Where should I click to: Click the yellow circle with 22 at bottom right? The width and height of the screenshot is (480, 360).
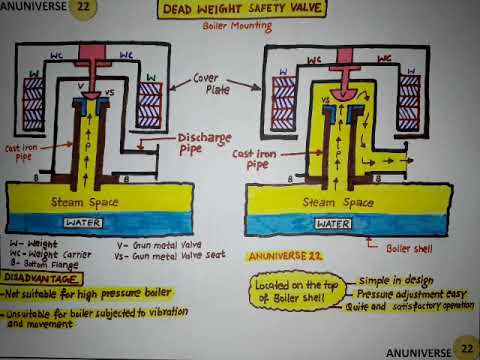(465, 347)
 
